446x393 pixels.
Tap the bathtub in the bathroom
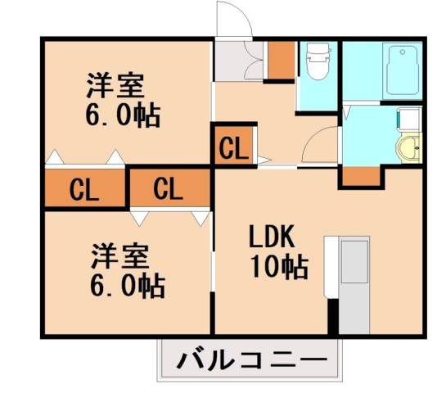pyautogui.click(x=402, y=71)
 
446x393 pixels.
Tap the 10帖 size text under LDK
pyautogui.click(x=279, y=265)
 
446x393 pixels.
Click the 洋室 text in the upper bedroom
pyautogui.click(x=115, y=85)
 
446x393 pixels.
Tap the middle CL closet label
pyautogui.click(x=168, y=190)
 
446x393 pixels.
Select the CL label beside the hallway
pyautogui.click(x=232, y=149)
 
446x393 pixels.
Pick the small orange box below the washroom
pyautogui.click(x=357, y=175)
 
